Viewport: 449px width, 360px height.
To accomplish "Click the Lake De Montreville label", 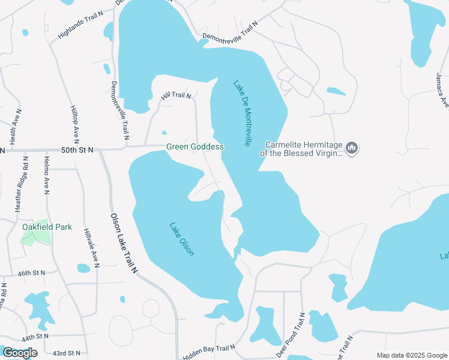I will pos(241,113).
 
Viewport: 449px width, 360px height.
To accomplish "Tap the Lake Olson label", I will pos(181,239).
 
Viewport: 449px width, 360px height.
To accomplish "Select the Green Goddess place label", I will pos(195,147).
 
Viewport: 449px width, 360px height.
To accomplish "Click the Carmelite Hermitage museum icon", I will pos(352,148).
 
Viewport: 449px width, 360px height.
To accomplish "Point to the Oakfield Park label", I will pos(47,227).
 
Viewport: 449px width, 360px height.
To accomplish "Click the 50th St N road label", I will pos(77,150).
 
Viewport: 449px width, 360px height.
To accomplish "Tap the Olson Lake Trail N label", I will pos(124,244).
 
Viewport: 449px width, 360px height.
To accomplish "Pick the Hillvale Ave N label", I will pos(91,247).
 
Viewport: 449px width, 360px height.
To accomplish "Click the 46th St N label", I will pos(32,273).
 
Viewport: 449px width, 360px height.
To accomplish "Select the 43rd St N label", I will pos(66,353).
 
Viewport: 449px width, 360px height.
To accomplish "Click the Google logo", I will pos(20,353).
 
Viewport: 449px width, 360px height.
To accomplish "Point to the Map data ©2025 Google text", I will pos(411,355).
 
